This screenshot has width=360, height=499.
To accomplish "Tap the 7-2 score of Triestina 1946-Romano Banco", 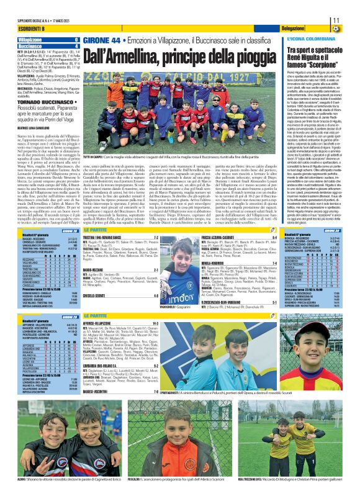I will point(172,238).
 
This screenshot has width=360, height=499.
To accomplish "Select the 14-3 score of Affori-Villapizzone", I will point(171,323).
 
